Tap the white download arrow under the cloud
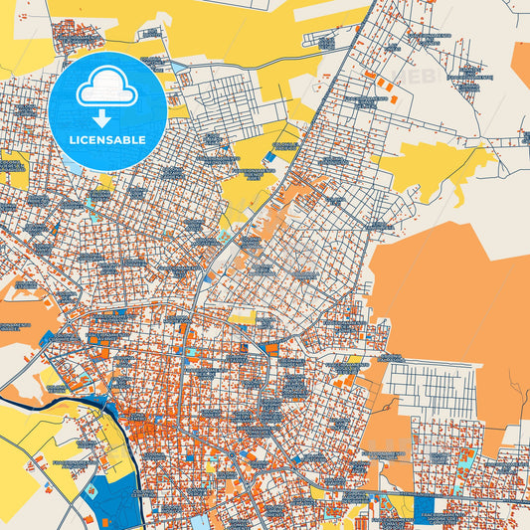106,118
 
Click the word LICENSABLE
106,140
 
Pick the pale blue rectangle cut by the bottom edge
199,521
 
